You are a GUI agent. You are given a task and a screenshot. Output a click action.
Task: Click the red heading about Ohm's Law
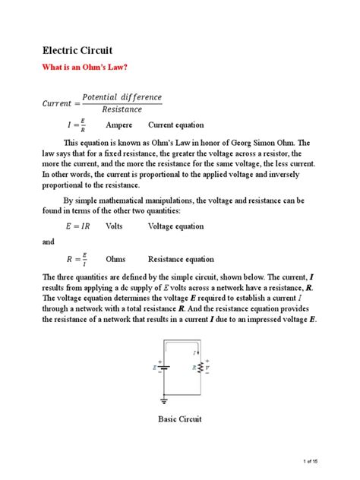(x=89, y=68)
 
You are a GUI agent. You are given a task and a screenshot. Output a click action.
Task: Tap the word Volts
(x=115, y=226)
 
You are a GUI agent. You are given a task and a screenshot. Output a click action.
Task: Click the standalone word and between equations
(x=49, y=242)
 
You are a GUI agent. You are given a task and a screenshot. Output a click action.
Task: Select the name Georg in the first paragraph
(x=232, y=142)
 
